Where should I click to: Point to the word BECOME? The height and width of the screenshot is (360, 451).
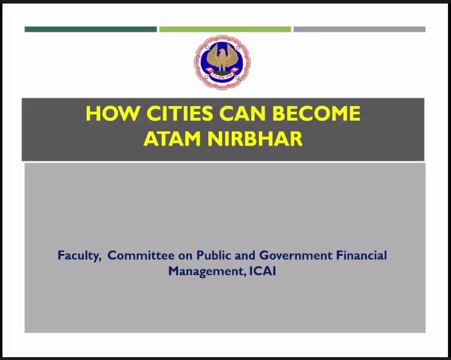317,113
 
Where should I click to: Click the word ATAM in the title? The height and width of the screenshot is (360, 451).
172,139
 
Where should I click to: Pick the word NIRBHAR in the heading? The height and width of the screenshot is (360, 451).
255,139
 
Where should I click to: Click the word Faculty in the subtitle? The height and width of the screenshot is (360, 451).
80,256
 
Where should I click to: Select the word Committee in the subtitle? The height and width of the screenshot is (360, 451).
141,255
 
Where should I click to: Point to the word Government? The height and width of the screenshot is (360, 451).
296,255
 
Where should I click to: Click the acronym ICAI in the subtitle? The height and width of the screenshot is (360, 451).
262,271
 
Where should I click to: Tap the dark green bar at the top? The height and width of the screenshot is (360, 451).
91,29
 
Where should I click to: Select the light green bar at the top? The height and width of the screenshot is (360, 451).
225,29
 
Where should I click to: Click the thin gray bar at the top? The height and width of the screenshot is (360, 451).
360,29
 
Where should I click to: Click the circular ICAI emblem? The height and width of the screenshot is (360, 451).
222,62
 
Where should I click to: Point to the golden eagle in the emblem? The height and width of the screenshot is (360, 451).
222,57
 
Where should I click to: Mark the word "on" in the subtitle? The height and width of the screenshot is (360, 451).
185,256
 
